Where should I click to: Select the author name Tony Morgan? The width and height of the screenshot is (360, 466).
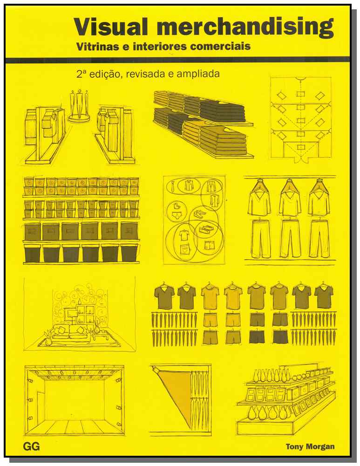[310, 446]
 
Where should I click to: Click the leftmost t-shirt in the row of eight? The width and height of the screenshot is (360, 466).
[163, 296]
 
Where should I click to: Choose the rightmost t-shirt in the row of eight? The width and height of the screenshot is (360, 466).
[323, 296]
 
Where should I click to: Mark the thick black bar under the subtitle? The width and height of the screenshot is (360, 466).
[177, 60]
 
